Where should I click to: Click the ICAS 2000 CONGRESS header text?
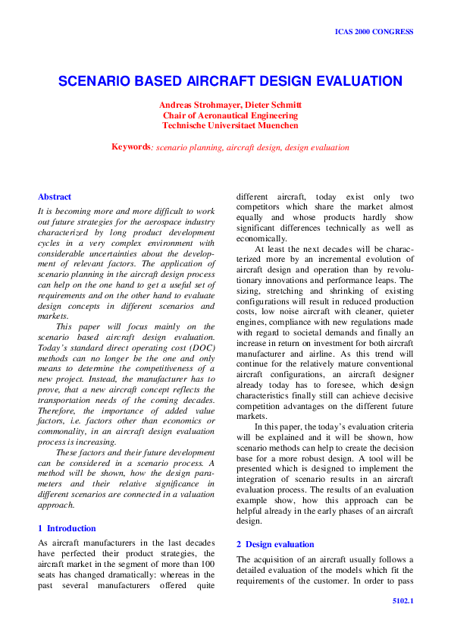click(x=374, y=32)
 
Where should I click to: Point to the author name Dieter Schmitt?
click(x=274, y=105)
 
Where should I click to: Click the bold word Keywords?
click(x=130, y=146)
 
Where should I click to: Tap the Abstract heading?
click(x=55, y=197)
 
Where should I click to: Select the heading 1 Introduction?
click(x=67, y=527)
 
